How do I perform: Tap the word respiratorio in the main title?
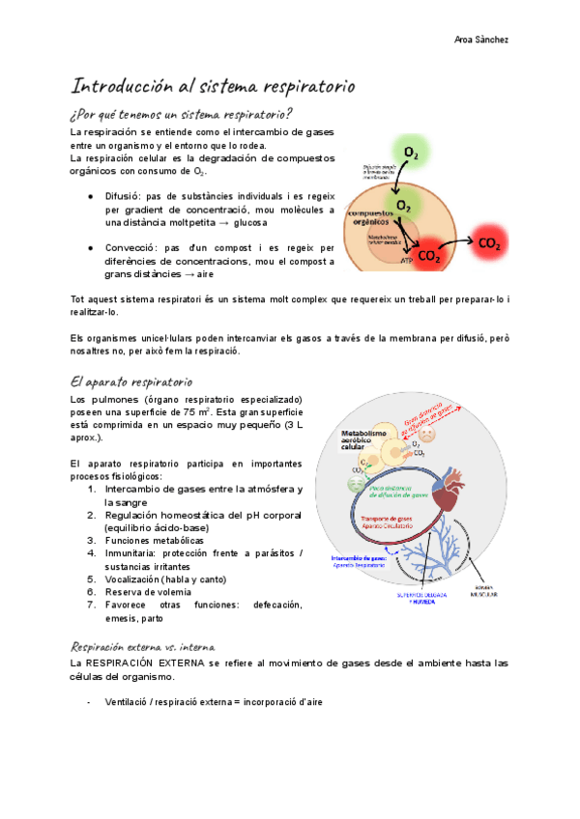click(306, 87)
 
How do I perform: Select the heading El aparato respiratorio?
click(132, 382)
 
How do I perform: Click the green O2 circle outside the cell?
click(412, 153)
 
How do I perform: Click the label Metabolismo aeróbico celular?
click(359, 441)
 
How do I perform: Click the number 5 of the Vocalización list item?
click(90, 579)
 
